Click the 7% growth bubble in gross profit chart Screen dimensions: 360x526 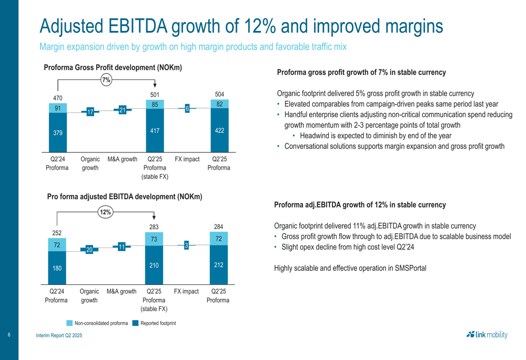pyautogui.click(x=107, y=80)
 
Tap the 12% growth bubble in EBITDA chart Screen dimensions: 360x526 pyautogui.click(x=106, y=212)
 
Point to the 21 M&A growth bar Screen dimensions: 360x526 pyautogui.click(x=122, y=110)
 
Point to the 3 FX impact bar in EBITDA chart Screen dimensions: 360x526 pyautogui.click(x=186, y=245)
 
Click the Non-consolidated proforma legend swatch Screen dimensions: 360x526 pyautogui.click(x=69, y=323)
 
